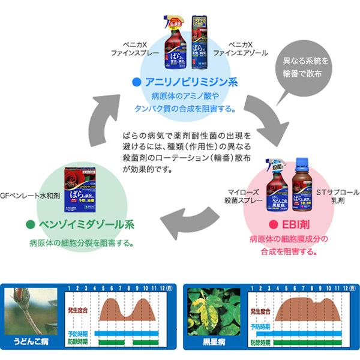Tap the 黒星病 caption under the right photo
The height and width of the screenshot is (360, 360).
click(x=213, y=347)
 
